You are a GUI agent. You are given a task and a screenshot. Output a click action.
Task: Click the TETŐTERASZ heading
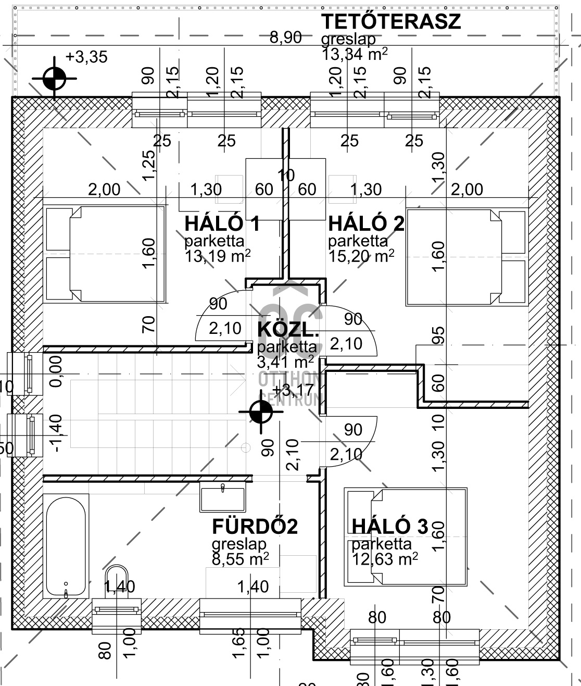(x=390, y=22)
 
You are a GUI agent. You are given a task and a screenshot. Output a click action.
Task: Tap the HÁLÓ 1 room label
(x=222, y=223)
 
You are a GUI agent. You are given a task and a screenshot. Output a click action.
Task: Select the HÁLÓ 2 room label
(x=366, y=223)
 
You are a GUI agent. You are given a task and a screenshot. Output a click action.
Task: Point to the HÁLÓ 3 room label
(x=389, y=526)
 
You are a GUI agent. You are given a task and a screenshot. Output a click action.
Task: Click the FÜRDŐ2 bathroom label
(x=255, y=527)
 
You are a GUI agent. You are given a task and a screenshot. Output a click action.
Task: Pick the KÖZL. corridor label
(x=287, y=330)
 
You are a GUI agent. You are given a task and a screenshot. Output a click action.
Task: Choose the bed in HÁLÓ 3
(x=406, y=537)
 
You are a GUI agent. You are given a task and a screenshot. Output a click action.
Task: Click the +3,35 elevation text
(x=86, y=57)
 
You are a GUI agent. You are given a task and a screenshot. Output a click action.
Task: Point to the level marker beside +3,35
(x=54, y=79)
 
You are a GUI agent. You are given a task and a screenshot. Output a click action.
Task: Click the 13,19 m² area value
(x=218, y=256)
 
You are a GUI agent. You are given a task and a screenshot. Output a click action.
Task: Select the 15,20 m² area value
(x=361, y=256)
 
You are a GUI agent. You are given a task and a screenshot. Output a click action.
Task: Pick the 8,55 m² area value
(x=240, y=559)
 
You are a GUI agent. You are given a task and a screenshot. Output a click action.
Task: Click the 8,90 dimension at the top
(x=285, y=38)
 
